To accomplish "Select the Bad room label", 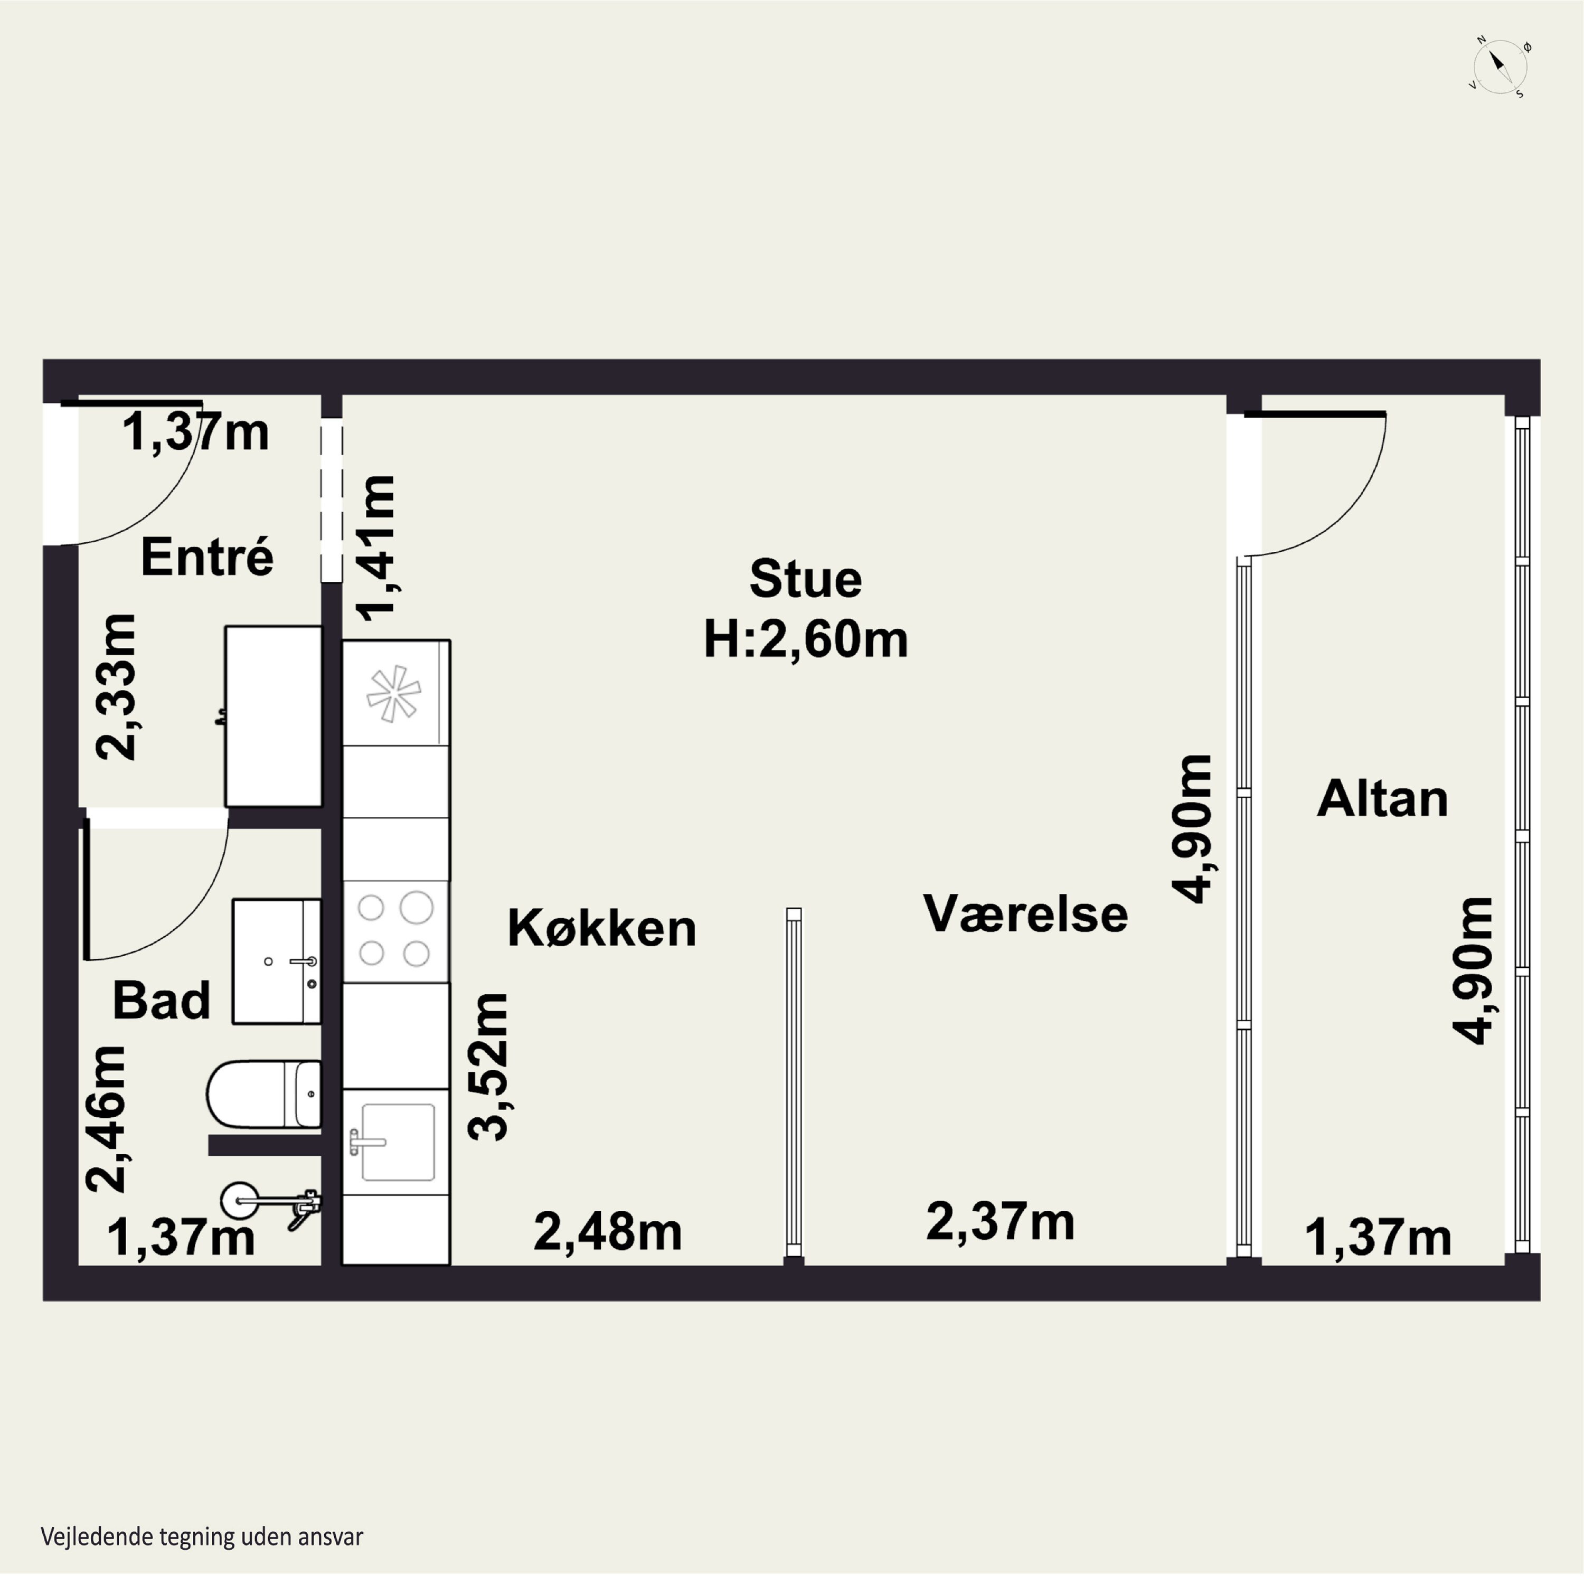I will (x=162, y=1000).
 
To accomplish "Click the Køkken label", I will (x=602, y=928).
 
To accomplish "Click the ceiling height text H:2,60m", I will (x=806, y=640).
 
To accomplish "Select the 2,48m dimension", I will (x=608, y=1232).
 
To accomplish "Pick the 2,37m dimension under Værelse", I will (x=1000, y=1222).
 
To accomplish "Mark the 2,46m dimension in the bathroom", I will (x=107, y=1119).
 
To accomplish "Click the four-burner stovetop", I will (x=395, y=930).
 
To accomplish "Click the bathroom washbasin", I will (x=276, y=961).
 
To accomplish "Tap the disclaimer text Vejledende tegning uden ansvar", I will (x=202, y=1536).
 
